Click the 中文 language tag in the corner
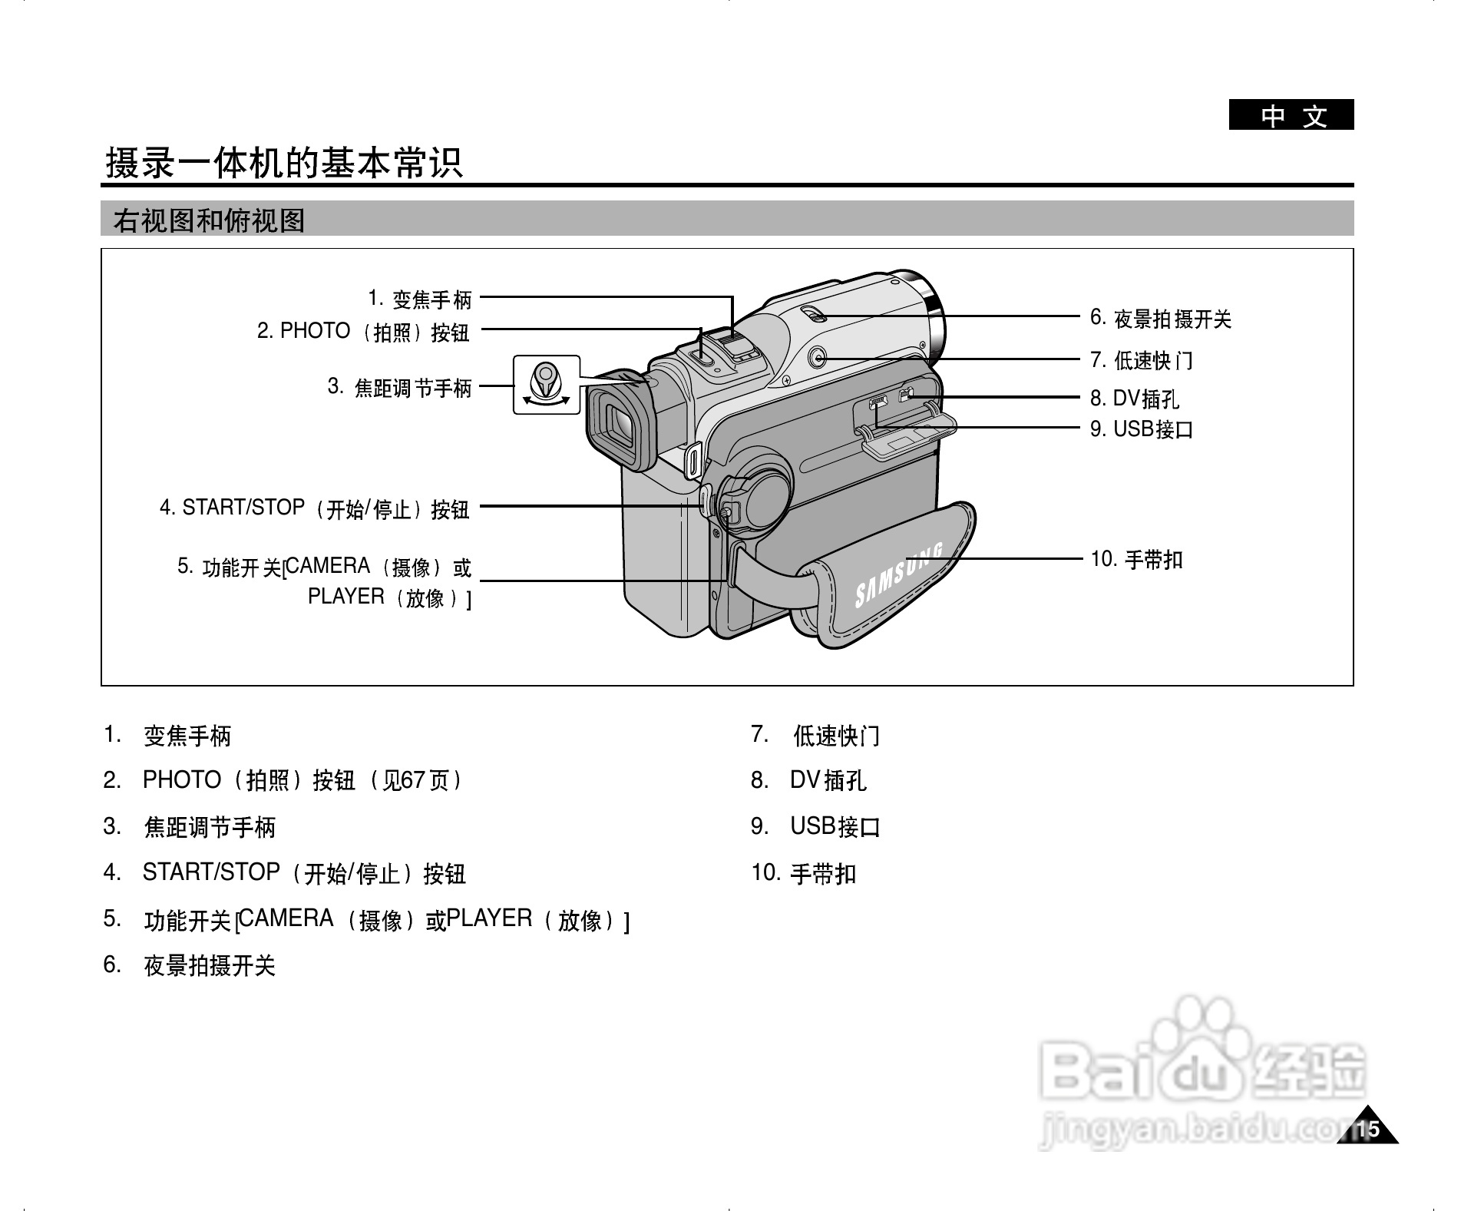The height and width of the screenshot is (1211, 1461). pos(1291,116)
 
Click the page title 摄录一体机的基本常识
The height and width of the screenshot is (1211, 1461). pos(284,164)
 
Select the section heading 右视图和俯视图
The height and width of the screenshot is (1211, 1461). pos(209,221)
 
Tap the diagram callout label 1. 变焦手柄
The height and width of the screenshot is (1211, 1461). pos(420,298)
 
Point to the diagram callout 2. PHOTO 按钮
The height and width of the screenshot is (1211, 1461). pos(363,332)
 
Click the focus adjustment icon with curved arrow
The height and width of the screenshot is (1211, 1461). pos(546,385)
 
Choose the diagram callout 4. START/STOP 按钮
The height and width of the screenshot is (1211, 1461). pos(315,508)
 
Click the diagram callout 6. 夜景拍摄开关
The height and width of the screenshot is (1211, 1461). pos(1160,319)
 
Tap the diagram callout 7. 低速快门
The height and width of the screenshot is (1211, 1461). pos(1141,360)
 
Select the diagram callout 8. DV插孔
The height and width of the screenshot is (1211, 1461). pos(1134,398)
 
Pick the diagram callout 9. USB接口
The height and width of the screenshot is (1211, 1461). pos(1141,428)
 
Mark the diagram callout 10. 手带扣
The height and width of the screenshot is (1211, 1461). pos(1136,559)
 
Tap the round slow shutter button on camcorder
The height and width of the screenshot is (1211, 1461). pos(818,357)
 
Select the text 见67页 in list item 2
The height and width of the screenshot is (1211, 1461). pos(415,781)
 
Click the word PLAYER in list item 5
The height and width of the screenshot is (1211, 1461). pos(490,918)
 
